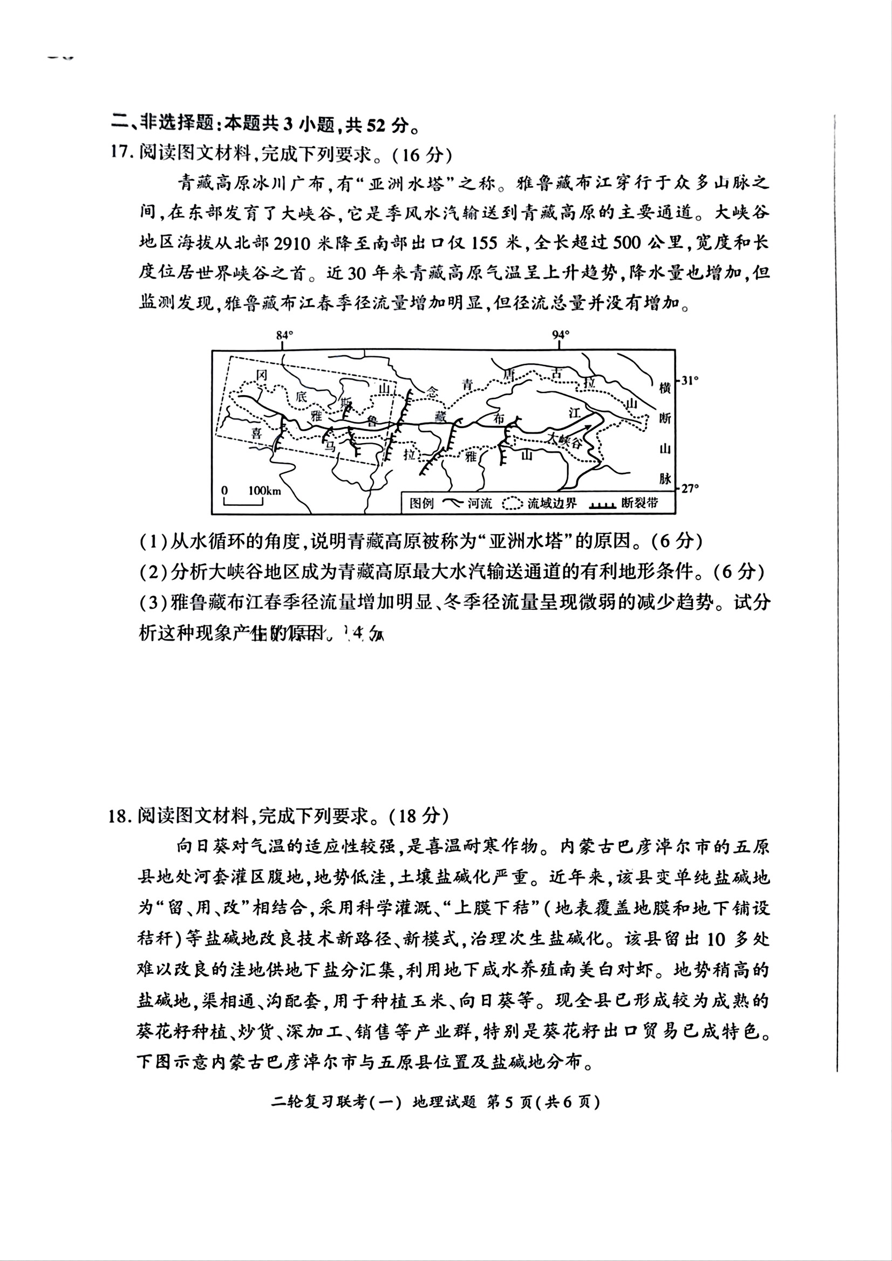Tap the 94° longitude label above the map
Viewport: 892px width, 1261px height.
pyautogui.click(x=560, y=334)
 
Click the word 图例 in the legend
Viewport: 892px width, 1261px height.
pyautogui.click(x=421, y=502)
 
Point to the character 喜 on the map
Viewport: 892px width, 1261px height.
pyautogui.click(x=257, y=433)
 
